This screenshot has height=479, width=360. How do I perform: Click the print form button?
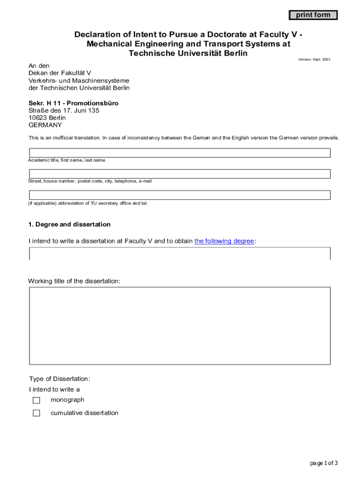click(x=313, y=15)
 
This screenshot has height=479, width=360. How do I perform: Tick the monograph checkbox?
click(x=36, y=400)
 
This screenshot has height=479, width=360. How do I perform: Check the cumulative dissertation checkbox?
click(x=36, y=413)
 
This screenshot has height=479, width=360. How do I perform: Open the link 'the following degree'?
click(x=224, y=241)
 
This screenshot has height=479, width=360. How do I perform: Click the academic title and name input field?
click(x=180, y=153)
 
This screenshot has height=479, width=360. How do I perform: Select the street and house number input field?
click(x=180, y=174)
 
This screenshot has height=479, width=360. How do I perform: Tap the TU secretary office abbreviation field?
click(x=180, y=195)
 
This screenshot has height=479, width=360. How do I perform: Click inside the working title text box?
click(x=180, y=326)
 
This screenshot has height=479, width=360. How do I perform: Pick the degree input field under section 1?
click(x=180, y=254)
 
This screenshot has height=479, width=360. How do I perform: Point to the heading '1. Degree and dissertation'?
click(x=70, y=225)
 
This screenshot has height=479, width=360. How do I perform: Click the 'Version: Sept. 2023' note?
click(x=314, y=59)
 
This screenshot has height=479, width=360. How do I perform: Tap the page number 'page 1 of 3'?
click(x=324, y=463)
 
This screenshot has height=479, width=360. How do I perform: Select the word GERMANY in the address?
click(x=45, y=125)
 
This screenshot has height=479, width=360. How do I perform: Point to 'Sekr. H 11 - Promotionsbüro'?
click(x=73, y=103)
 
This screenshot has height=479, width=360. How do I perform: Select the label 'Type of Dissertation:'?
click(x=59, y=379)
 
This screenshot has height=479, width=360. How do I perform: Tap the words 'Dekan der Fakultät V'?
click(x=59, y=73)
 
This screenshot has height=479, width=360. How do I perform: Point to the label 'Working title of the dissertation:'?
click(x=74, y=281)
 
